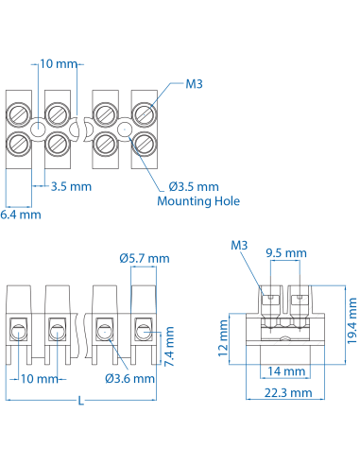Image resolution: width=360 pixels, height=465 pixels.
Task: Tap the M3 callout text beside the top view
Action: tap(195, 84)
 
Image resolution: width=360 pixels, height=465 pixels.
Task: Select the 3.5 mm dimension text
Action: tap(72, 186)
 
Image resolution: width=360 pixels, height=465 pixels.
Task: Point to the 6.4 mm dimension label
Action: tap(21, 215)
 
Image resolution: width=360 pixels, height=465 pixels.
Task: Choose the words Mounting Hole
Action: tap(198, 201)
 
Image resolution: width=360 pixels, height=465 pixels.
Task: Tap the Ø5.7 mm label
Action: tap(145, 258)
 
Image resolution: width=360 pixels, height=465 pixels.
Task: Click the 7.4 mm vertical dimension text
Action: tap(170, 347)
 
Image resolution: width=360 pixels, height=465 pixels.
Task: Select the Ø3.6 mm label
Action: tap(129, 379)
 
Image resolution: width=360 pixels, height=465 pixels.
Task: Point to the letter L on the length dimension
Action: tap(81, 402)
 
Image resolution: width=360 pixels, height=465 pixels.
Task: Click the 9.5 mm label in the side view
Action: tap(285, 253)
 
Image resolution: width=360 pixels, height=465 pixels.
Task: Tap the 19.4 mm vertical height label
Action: tap(351, 321)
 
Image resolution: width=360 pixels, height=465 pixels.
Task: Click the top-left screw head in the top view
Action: tap(20, 114)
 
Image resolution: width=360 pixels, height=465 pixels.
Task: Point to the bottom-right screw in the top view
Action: tap(144, 144)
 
